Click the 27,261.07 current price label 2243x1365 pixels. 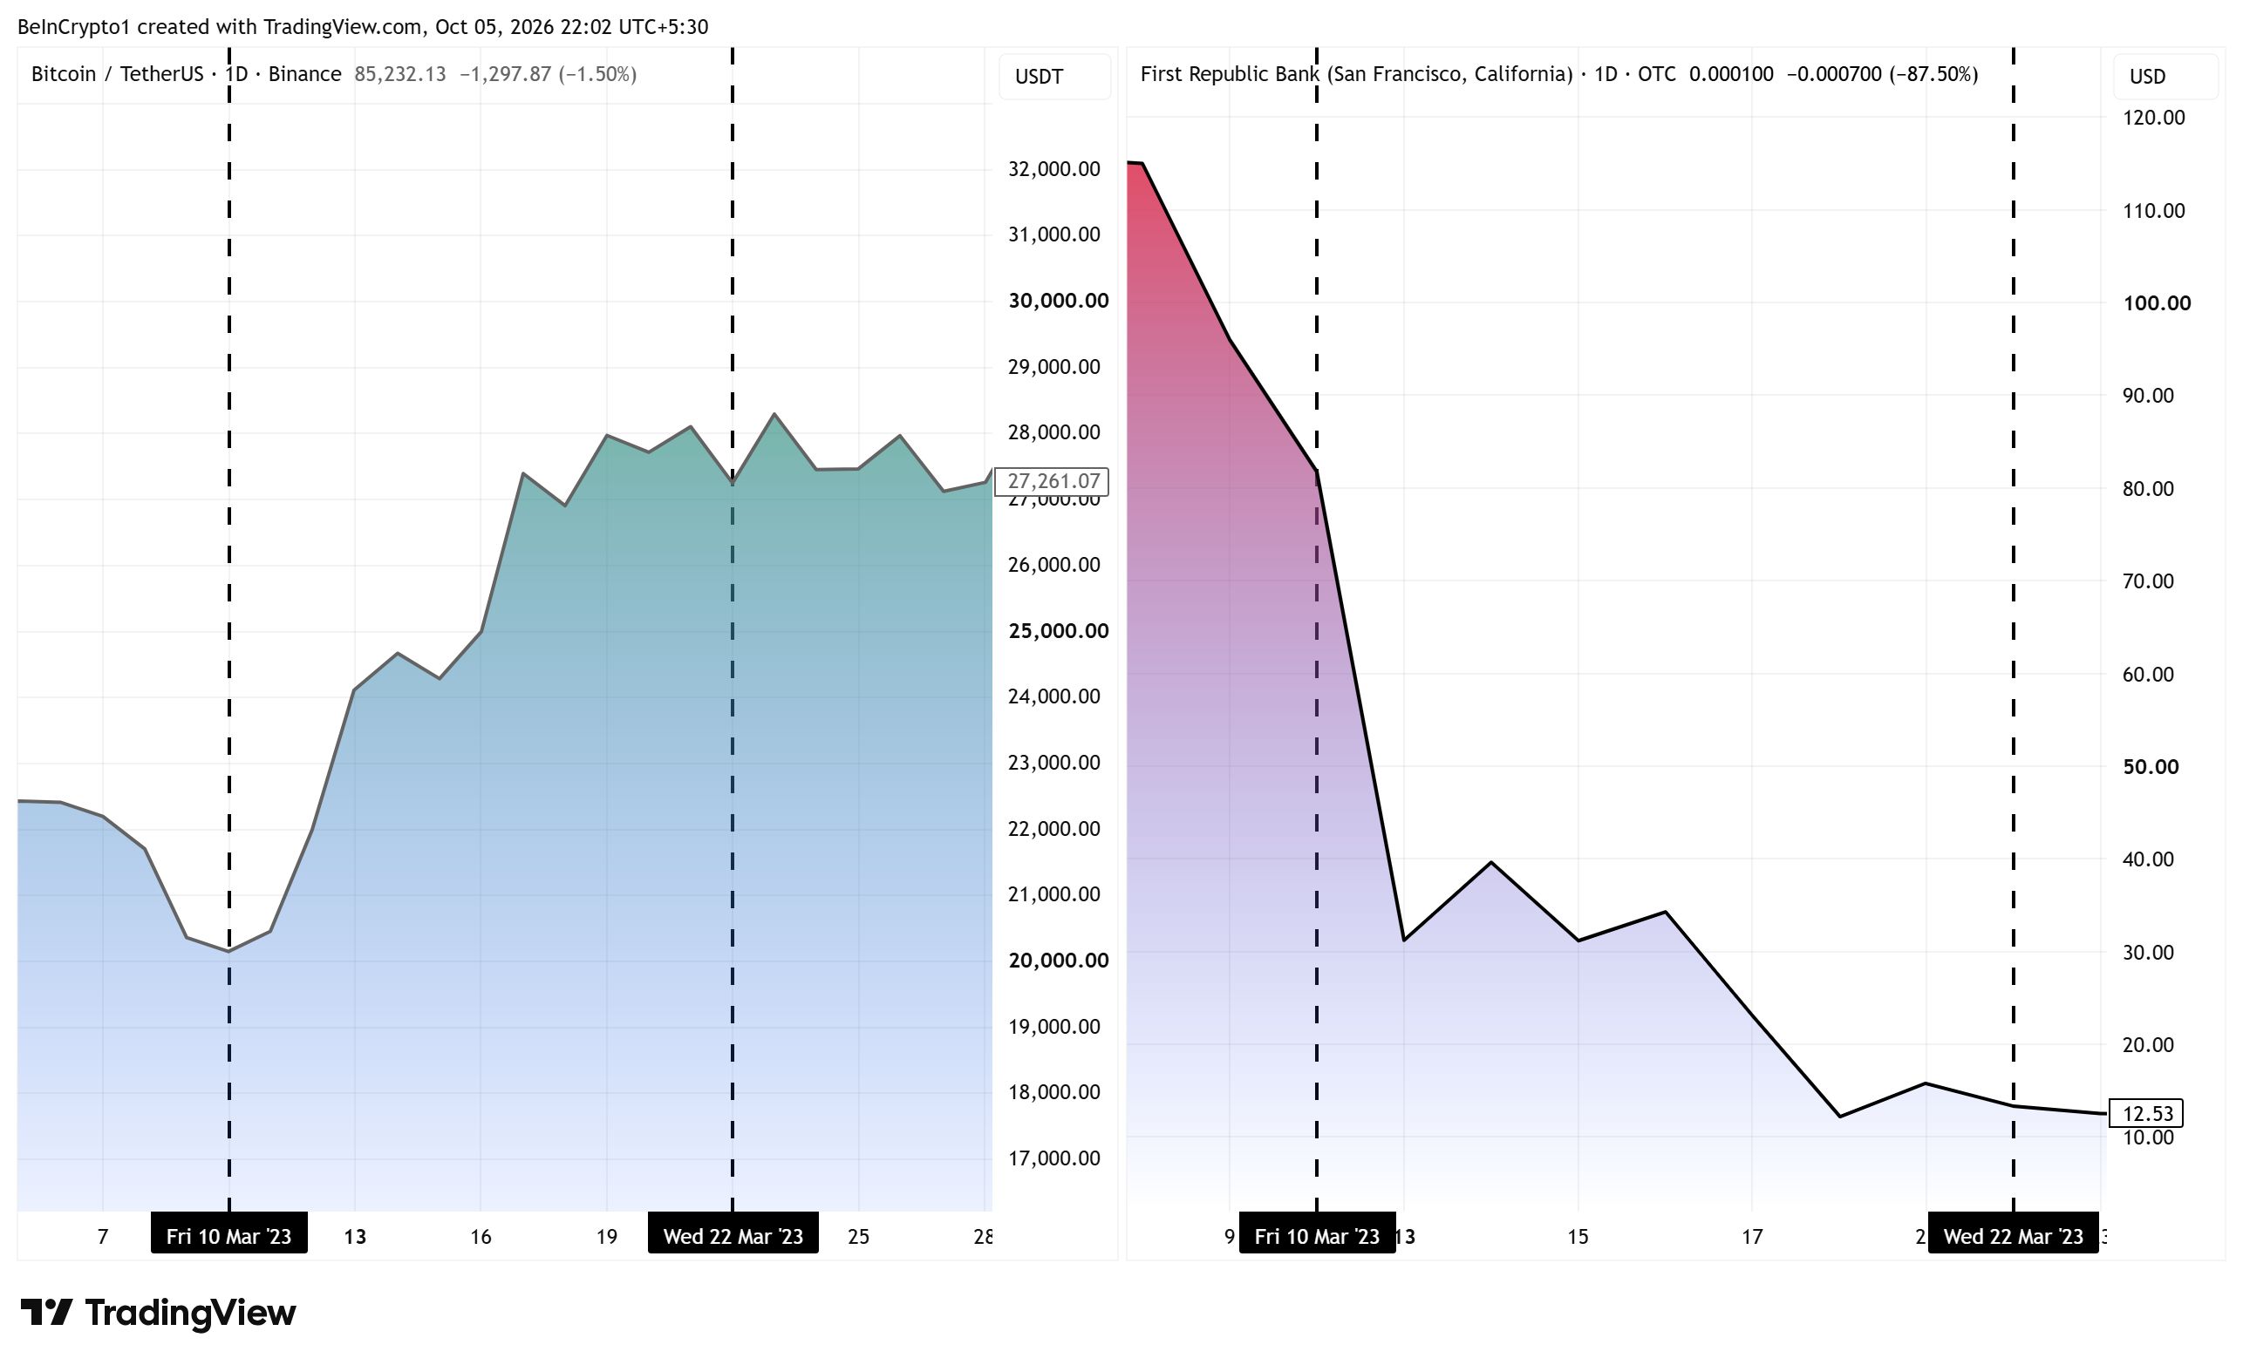click(1052, 480)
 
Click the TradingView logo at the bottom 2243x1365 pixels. click(159, 1312)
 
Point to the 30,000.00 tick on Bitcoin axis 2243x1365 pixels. click(1058, 301)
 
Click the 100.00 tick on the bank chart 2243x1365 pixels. click(2157, 303)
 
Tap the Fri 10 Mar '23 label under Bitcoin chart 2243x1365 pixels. click(228, 1235)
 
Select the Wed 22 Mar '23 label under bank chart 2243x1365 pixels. click(2013, 1235)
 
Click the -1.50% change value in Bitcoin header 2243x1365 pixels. click(597, 74)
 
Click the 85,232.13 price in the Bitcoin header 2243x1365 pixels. click(399, 74)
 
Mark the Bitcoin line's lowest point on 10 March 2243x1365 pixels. click(228, 951)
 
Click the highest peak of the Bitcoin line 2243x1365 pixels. click(774, 414)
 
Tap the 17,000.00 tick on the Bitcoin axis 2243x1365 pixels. click(1053, 1158)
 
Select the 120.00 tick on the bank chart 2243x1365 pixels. click(2153, 118)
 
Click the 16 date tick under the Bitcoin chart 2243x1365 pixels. click(481, 1236)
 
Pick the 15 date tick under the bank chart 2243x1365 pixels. click(1578, 1236)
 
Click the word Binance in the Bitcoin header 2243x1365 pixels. click(304, 74)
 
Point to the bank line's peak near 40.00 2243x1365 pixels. click(1490, 862)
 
